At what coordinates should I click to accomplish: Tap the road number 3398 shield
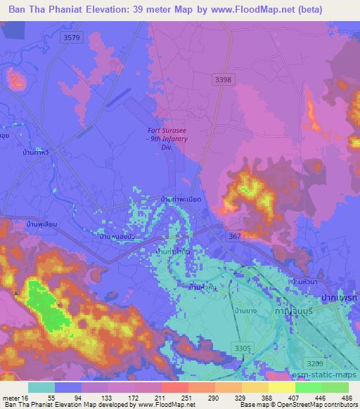[224, 80]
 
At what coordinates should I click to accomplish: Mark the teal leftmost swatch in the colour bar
[42, 387]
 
